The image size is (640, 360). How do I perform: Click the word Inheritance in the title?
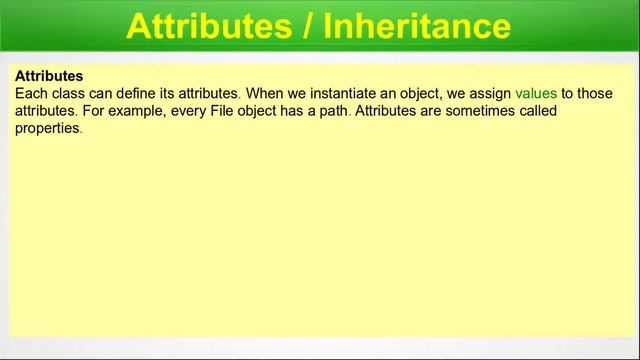(x=417, y=26)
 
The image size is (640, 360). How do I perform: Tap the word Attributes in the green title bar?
(x=206, y=26)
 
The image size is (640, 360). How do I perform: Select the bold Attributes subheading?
(x=49, y=76)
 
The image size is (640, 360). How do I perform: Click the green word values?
(x=536, y=93)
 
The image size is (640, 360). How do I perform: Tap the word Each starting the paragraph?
(x=31, y=93)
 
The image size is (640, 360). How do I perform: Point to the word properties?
(x=47, y=128)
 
